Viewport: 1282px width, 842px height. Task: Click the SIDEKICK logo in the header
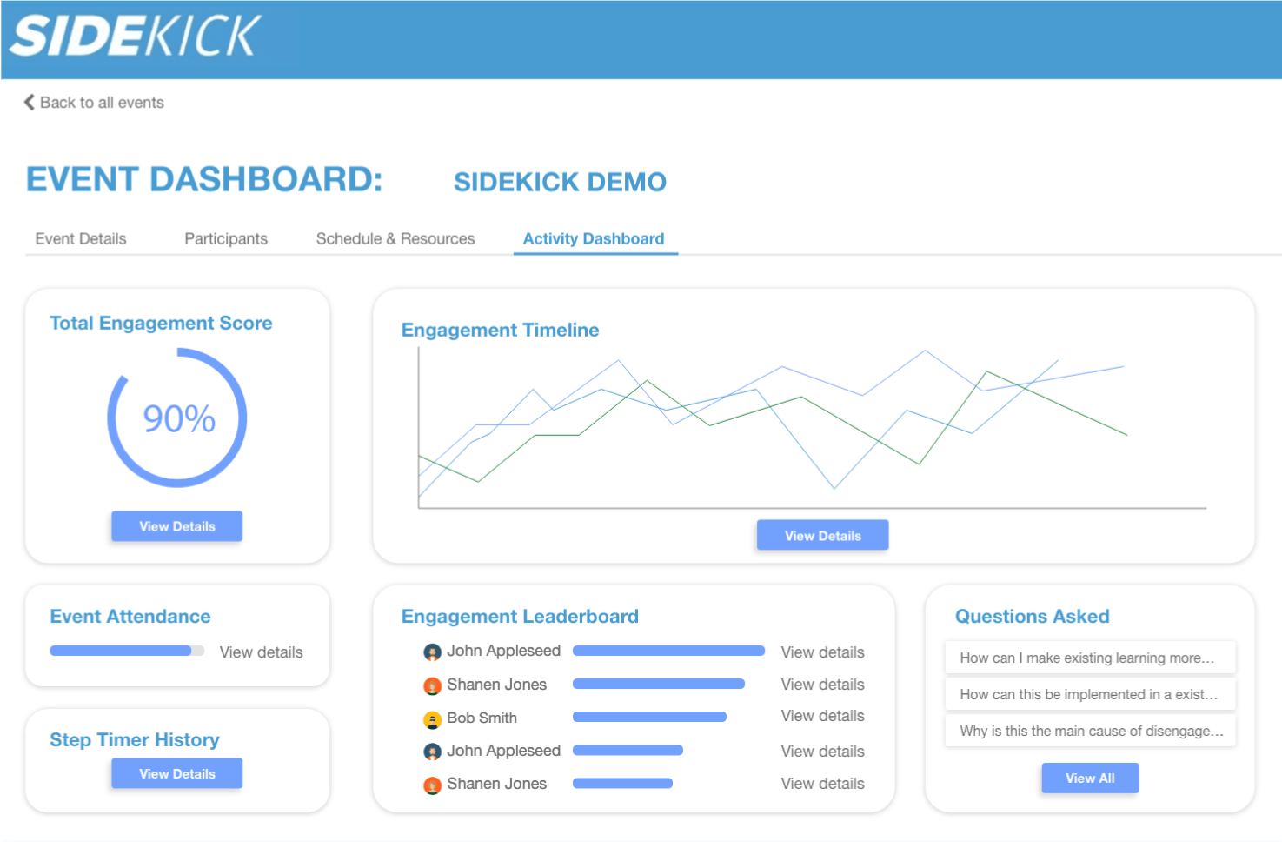coord(135,36)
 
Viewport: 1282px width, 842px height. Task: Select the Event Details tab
coord(81,238)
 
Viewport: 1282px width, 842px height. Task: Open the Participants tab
coord(226,238)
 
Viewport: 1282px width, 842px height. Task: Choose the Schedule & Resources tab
coord(395,238)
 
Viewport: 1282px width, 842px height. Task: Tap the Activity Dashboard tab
coord(594,238)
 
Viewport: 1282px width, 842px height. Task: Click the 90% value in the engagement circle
coord(179,419)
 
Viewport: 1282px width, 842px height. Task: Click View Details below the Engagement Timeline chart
coord(822,536)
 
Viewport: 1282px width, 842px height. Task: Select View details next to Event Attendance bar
coord(261,652)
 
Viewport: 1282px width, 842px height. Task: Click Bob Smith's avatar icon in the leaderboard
coord(432,719)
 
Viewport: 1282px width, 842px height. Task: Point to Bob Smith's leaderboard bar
coord(649,717)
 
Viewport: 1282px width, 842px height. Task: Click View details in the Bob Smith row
coord(822,716)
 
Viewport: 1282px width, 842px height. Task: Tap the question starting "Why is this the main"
coord(1090,731)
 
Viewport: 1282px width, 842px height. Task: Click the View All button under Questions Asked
coord(1090,779)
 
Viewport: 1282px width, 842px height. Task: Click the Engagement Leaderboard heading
coord(520,616)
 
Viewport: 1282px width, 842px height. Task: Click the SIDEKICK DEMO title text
coord(560,182)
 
